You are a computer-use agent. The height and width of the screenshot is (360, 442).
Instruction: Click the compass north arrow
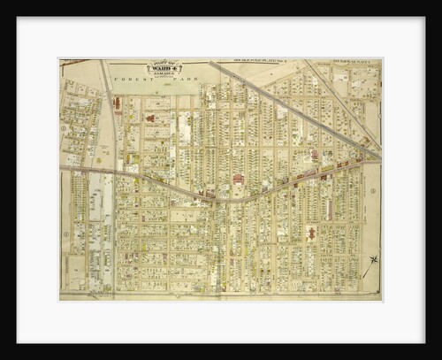(x=373, y=260)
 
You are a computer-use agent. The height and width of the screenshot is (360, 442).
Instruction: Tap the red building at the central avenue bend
(x=238, y=179)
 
